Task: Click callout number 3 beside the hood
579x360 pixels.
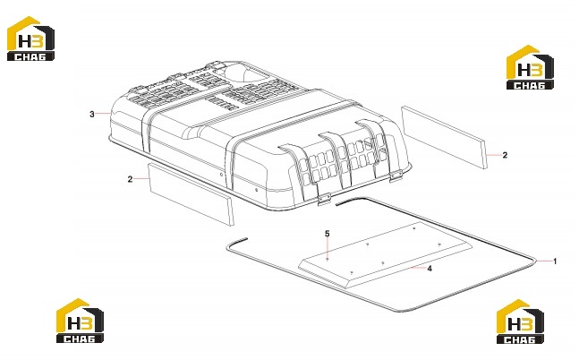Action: click(x=92, y=115)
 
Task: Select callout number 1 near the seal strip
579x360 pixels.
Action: click(x=555, y=261)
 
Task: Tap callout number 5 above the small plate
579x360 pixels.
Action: click(x=328, y=234)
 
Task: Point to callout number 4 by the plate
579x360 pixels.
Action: click(x=430, y=269)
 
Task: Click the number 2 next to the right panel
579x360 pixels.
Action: click(x=505, y=155)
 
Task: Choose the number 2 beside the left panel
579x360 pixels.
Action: click(x=130, y=179)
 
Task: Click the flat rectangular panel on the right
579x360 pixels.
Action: click(x=444, y=137)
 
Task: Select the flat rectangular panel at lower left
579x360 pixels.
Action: click(x=191, y=194)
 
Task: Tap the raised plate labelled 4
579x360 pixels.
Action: click(x=385, y=256)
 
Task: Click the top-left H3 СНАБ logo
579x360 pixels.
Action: click(x=31, y=39)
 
